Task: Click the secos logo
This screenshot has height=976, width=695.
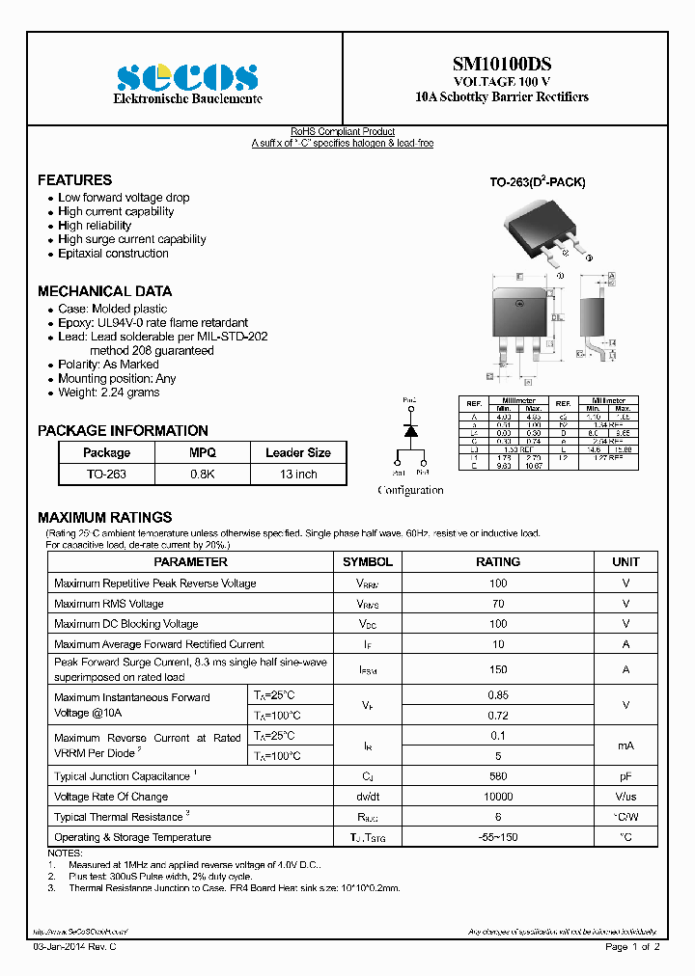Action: pyautogui.click(x=187, y=77)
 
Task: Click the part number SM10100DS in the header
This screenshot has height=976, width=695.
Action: pyautogui.click(x=502, y=64)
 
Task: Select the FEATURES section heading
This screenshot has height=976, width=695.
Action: pyautogui.click(x=74, y=180)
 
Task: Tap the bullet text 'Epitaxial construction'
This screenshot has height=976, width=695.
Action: pyautogui.click(x=113, y=254)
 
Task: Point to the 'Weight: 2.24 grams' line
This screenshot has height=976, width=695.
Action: pyautogui.click(x=108, y=393)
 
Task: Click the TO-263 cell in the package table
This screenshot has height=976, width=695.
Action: pyautogui.click(x=106, y=474)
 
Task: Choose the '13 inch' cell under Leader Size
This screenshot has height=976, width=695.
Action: pyautogui.click(x=297, y=474)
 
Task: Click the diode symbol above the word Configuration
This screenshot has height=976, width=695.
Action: pyautogui.click(x=410, y=432)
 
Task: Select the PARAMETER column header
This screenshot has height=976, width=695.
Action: pyautogui.click(x=191, y=562)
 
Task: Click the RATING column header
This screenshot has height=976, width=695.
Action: pyautogui.click(x=498, y=562)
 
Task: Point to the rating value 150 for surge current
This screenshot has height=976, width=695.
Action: pyautogui.click(x=498, y=669)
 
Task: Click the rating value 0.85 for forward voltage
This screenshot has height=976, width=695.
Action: pyautogui.click(x=498, y=695)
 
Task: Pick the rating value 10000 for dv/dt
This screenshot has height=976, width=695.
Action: pyautogui.click(x=498, y=797)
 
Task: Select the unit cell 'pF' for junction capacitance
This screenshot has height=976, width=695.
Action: pyautogui.click(x=625, y=776)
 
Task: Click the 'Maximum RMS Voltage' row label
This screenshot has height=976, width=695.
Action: pyautogui.click(x=109, y=604)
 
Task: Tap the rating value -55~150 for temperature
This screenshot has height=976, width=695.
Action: pyautogui.click(x=498, y=837)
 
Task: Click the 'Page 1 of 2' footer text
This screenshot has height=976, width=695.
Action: pyautogui.click(x=632, y=947)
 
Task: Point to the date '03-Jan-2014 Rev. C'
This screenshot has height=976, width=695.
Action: pyautogui.click(x=74, y=947)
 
